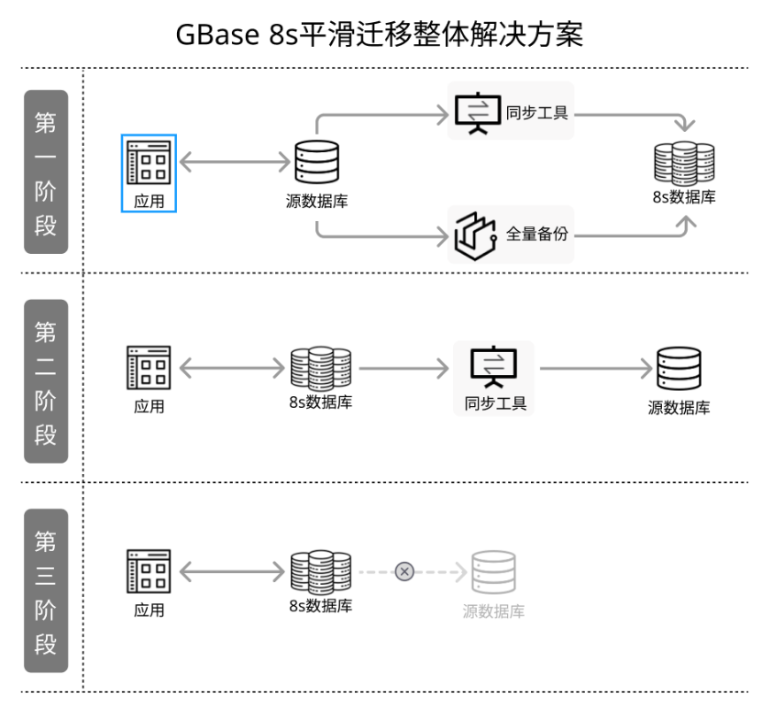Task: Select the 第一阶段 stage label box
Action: tap(46, 171)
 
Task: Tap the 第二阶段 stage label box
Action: tap(46, 380)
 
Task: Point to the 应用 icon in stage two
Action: tap(149, 369)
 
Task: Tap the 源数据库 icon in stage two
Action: tap(679, 369)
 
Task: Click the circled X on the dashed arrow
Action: tap(404, 572)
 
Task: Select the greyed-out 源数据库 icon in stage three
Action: tap(493, 573)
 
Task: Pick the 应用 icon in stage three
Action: tap(149, 572)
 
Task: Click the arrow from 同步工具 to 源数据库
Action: tap(595, 369)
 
